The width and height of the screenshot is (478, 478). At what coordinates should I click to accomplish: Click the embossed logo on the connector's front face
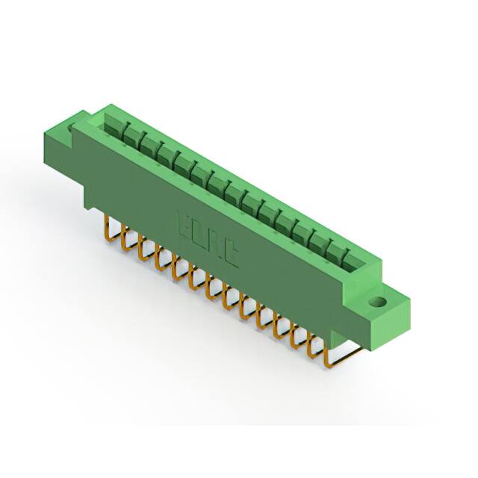point(208,239)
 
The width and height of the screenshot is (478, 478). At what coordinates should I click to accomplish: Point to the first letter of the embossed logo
point(183,223)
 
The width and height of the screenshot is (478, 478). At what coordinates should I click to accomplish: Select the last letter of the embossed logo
point(233,256)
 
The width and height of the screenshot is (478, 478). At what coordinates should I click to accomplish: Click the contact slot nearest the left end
point(114,128)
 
